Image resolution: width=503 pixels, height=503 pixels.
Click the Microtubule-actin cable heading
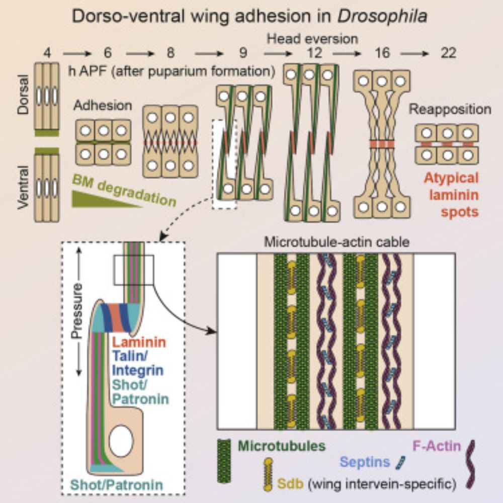pos(336,243)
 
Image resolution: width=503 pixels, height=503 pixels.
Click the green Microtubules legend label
pos(281,445)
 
